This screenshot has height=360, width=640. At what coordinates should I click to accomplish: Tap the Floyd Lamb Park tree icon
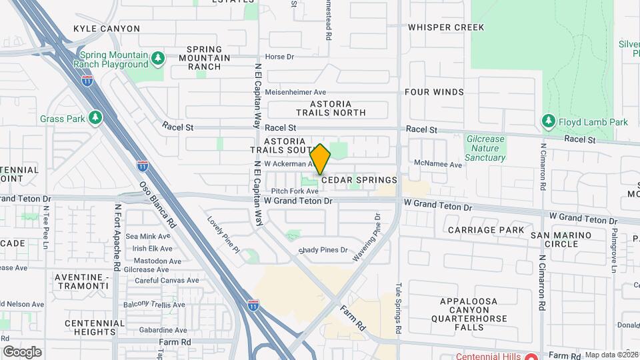point(549,121)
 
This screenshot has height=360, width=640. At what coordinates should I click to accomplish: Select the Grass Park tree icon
point(95,118)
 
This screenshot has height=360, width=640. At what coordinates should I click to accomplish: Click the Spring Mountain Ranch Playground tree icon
point(158,59)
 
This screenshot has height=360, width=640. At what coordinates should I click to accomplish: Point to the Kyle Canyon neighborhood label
point(107,29)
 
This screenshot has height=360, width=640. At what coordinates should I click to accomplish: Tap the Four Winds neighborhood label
point(433,91)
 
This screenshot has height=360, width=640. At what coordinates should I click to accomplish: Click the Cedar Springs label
point(359,180)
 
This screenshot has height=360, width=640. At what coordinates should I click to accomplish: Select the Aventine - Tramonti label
point(81,281)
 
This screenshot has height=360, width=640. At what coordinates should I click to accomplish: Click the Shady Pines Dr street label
point(323,250)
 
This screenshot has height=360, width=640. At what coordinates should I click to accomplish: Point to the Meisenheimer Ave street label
point(295,92)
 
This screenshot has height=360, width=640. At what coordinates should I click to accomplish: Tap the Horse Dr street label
point(279,57)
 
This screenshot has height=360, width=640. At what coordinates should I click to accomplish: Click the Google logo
point(22,352)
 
